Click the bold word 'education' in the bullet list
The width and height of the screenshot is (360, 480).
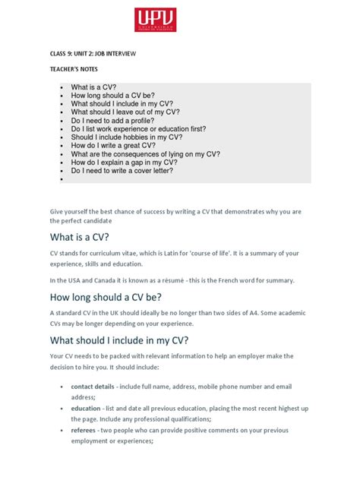86,408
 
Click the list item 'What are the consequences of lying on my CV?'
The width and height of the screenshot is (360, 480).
145,154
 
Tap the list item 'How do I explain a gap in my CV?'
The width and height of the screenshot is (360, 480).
129,163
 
